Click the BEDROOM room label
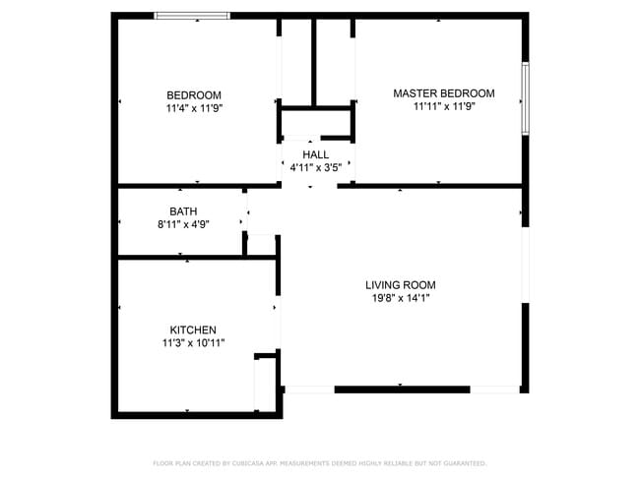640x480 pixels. coord(193,95)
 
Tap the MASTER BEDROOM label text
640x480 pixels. coord(443,93)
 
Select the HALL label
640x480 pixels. coord(316,154)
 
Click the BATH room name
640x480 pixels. coord(183,211)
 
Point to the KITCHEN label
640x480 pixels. coord(193,330)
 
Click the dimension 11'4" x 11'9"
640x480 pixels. coord(194,109)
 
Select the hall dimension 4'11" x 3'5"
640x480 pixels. coord(316,168)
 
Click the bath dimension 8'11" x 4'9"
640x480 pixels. coord(183,224)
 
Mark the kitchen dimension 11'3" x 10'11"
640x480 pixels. coord(193,343)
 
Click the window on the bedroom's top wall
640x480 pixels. coord(192,16)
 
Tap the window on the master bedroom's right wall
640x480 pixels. coord(525,100)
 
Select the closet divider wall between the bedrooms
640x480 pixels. coord(315,59)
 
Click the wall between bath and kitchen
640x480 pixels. coord(182,258)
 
